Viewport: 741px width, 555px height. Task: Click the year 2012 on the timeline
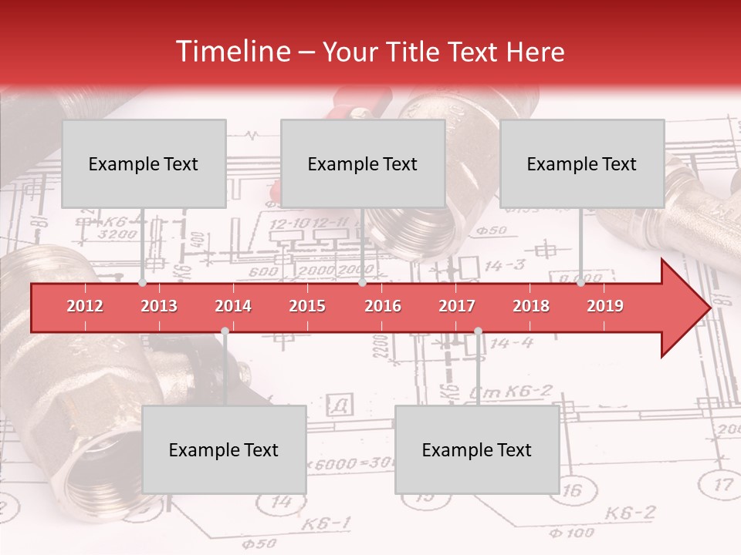85,306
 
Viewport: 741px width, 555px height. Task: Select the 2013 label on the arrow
159,306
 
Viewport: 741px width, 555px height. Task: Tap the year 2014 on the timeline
233,306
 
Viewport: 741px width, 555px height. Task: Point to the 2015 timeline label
307,306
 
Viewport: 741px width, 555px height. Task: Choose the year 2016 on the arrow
383,306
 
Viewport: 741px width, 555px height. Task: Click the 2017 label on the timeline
457,306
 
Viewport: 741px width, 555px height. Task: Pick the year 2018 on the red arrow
531,306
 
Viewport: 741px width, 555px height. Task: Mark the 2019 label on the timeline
605,306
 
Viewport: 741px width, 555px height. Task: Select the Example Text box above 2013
144,163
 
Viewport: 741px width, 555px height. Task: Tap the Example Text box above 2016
363,163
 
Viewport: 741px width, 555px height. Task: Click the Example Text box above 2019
582,163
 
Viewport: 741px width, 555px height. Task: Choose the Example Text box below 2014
224,449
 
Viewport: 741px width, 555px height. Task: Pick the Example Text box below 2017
477,449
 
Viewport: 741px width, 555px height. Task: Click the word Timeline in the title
232,52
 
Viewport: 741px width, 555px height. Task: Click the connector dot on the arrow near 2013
143,283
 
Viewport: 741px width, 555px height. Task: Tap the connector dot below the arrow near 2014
225,331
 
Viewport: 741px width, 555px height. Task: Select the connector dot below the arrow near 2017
478,331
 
